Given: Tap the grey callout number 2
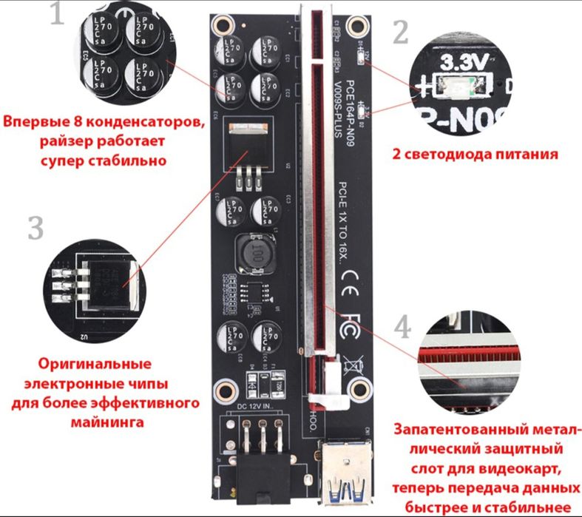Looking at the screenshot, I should (400, 33).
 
